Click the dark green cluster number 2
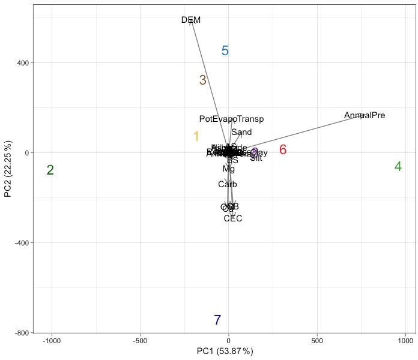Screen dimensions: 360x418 tap(50, 170)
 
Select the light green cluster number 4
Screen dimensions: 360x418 tap(398, 166)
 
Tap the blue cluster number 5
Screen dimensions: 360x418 tap(225, 51)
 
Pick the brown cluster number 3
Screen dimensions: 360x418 tap(203, 80)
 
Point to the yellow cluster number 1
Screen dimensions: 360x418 tap(196, 137)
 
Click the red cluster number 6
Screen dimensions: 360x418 tap(283, 150)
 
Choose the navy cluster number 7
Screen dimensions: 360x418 tap(217, 320)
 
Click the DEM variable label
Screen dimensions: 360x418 tap(191, 20)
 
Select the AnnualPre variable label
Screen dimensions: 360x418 tap(365, 115)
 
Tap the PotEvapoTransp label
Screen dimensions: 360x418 tap(232, 119)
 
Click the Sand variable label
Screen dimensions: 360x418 tap(241, 132)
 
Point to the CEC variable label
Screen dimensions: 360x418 tap(233, 218)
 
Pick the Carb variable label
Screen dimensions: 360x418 tap(228, 184)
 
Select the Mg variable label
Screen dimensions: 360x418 tap(229, 169)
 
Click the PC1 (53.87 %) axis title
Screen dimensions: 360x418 tap(225, 351)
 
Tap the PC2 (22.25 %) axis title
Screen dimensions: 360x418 tap(8, 169)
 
